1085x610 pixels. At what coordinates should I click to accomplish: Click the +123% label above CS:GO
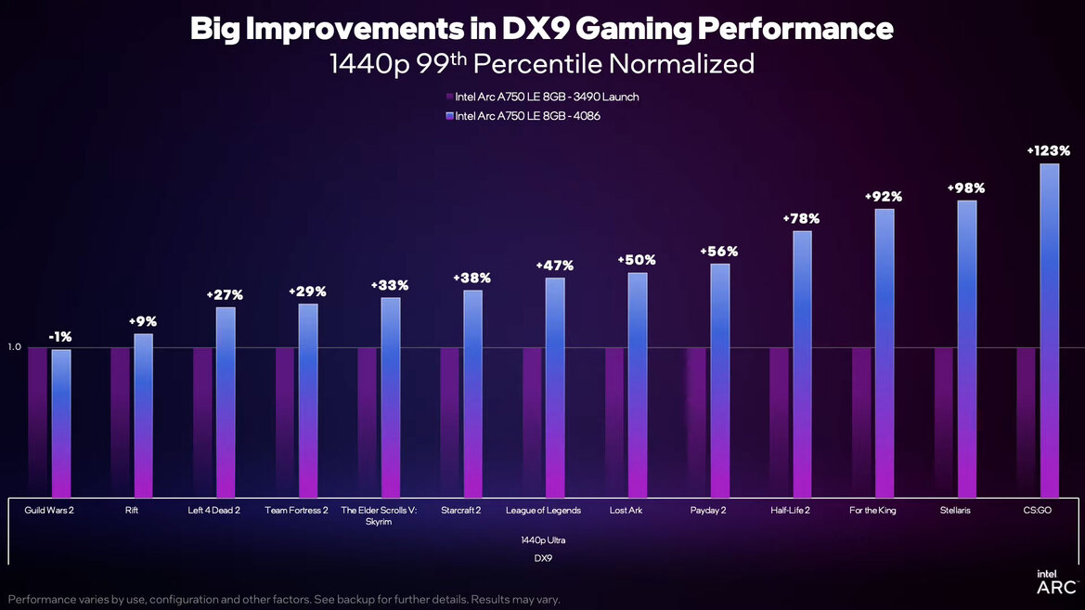coord(1049,150)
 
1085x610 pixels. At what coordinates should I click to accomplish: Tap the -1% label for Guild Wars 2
coord(60,337)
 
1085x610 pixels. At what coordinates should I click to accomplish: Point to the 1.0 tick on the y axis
coord(14,347)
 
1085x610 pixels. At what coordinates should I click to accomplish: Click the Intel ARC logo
coord(1056,583)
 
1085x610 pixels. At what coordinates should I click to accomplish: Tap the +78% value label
coord(802,218)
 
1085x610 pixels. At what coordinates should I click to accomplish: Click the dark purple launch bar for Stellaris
coord(943,422)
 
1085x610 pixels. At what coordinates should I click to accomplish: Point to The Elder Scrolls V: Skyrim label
coord(379,515)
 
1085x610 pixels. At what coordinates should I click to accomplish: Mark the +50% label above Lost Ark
coord(637,260)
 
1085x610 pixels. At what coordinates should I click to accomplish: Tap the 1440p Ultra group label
coord(543,539)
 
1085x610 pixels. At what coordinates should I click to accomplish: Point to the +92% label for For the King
coord(884,197)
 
